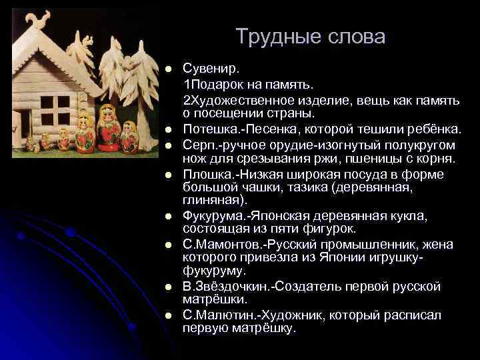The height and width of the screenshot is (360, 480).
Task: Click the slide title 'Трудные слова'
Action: pyautogui.click(x=310, y=37)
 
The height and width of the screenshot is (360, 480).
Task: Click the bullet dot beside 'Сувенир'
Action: pyautogui.click(x=169, y=70)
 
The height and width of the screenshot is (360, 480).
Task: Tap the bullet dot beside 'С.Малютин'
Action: pyautogui.click(x=169, y=315)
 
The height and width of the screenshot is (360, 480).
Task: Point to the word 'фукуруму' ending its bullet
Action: pyautogui.click(x=214, y=270)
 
